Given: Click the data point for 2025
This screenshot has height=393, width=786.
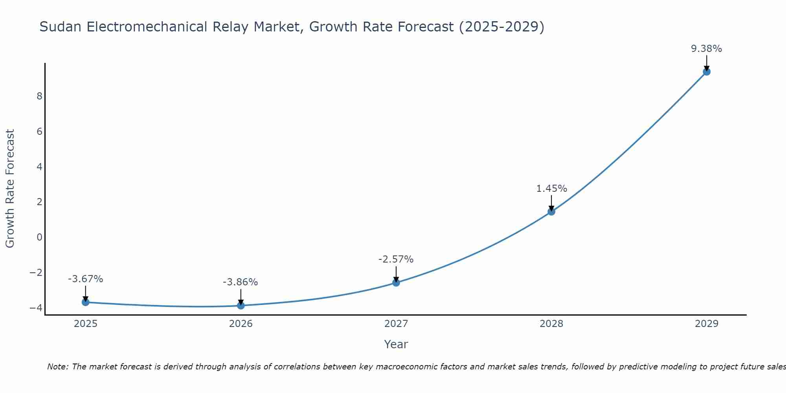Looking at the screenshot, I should (x=86, y=302).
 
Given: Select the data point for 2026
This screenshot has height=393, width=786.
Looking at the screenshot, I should (x=241, y=305).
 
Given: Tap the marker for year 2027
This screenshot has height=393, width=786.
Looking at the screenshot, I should (x=396, y=283).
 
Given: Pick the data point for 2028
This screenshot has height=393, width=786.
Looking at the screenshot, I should (x=551, y=212).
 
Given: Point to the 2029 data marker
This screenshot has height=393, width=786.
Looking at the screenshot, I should (x=707, y=72).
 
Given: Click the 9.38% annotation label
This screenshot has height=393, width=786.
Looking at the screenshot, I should (x=706, y=49).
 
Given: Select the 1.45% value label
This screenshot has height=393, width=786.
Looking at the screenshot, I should (x=551, y=189).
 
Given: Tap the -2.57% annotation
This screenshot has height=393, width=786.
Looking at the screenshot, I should (x=396, y=259).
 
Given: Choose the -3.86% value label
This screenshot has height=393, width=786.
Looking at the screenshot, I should (x=240, y=282).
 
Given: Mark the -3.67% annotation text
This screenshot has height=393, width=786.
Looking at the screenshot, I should (x=85, y=279).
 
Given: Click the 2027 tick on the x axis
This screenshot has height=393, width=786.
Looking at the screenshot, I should (x=396, y=324).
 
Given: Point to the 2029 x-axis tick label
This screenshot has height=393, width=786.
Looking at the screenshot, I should (x=707, y=324).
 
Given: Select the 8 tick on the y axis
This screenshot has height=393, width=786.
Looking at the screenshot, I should (x=39, y=96).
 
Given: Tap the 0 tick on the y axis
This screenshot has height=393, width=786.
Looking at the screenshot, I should (x=39, y=237).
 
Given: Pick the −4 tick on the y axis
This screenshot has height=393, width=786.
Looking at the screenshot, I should (x=36, y=308).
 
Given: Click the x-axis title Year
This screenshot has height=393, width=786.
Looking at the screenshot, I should (x=396, y=344).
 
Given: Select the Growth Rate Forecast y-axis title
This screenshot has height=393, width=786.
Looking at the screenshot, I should (x=10, y=189).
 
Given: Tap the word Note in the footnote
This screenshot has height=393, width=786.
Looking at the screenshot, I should (x=57, y=367).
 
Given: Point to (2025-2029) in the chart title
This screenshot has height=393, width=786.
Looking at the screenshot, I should (x=501, y=27).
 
